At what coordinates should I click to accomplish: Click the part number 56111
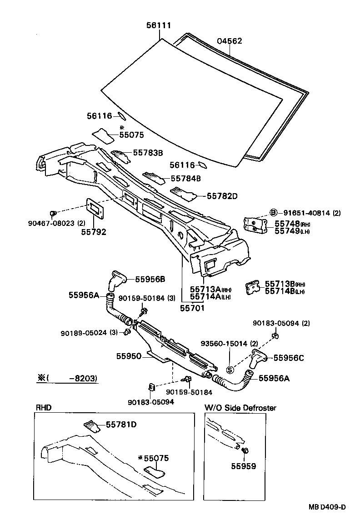click(x=159, y=26)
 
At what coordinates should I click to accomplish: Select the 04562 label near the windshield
click(x=230, y=41)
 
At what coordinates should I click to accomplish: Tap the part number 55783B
click(x=148, y=153)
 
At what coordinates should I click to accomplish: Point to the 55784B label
click(x=186, y=178)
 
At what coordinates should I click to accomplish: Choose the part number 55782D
click(x=222, y=196)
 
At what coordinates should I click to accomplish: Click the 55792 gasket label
click(x=94, y=232)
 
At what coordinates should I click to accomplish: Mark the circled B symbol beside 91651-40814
click(x=274, y=212)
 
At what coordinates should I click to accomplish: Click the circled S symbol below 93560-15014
click(x=230, y=369)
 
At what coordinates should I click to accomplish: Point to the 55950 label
click(x=130, y=356)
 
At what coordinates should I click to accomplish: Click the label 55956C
click(x=288, y=358)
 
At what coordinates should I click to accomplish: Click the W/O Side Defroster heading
click(x=240, y=408)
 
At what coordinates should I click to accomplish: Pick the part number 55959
click(x=243, y=466)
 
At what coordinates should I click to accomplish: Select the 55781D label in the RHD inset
click(x=121, y=425)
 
